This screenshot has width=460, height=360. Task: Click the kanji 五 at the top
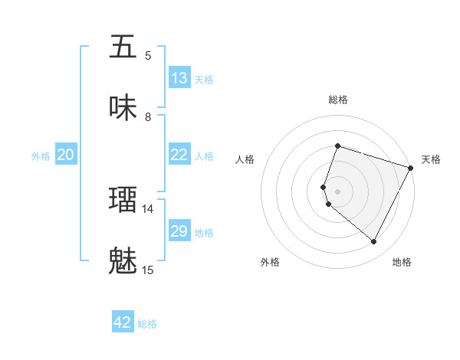click(x=123, y=47)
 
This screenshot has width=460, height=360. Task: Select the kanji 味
click(x=123, y=108)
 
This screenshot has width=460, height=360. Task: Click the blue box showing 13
click(x=179, y=78)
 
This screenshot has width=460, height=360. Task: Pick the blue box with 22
click(x=179, y=155)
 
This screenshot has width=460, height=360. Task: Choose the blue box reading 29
click(x=179, y=231)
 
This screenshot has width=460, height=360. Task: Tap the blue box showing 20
click(x=65, y=155)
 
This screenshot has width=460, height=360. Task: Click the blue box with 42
click(x=123, y=322)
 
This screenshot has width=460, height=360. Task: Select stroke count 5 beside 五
click(x=148, y=55)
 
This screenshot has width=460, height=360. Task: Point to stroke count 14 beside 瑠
click(x=148, y=208)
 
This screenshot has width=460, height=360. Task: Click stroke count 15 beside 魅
click(x=148, y=270)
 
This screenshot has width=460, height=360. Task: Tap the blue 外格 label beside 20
click(x=41, y=155)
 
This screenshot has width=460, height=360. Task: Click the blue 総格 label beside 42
click(x=147, y=323)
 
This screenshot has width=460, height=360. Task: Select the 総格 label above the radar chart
click(x=337, y=100)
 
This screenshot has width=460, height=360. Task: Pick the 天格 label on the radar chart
click(x=431, y=159)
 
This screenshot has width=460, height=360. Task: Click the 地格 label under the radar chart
click(x=402, y=263)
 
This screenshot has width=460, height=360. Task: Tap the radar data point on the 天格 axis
click(x=411, y=167)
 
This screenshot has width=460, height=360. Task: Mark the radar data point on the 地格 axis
click(x=374, y=242)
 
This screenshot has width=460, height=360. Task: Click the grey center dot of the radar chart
click(x=337, y=191)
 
